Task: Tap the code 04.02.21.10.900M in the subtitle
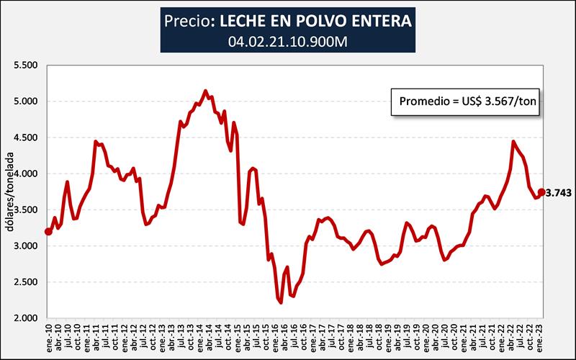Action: [x=288, y=41]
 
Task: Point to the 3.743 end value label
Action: [x=560, y=192]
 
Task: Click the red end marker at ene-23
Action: [x=541, y=192]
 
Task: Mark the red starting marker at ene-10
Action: [x=48, y=232]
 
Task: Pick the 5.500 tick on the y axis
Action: [x=27, y=65]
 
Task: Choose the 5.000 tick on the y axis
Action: [x=27, y=101]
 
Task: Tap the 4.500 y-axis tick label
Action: [x=27, y=138]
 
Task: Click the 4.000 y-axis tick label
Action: [x=27, y=174]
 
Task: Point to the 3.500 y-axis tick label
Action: [x=27, y=210]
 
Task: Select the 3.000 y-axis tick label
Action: [x=27, y=246]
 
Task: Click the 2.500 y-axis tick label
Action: [x=27, y=282]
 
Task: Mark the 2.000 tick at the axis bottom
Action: [x=27, y=318]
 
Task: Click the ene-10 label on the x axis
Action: [x=48, y=335]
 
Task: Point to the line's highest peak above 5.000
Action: [x=205, y=91]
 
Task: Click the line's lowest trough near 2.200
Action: [x=280, y=302]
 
